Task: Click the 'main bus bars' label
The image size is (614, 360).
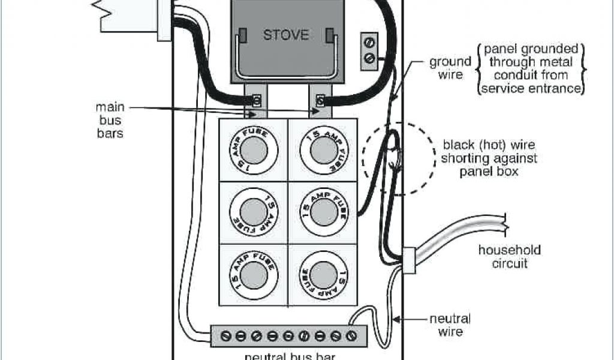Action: point(110,120)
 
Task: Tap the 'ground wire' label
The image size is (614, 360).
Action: point(450,68)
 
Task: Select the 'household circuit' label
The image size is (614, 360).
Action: point(508,256)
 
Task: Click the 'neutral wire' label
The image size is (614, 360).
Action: point(450,325)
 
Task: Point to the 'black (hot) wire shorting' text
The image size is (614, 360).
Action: point(489,152)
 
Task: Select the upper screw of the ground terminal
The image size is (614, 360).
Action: point(369,43)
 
